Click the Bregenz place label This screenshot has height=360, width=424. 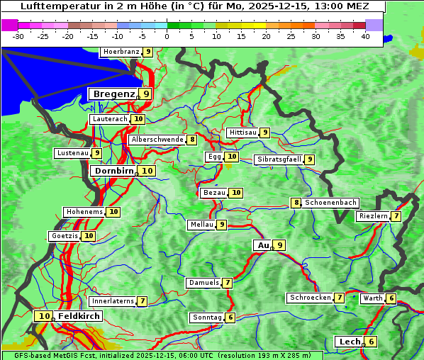point(113,94)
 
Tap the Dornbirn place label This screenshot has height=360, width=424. point(113,171)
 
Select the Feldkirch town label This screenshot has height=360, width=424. point(79,316)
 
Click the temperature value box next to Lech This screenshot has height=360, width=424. point(370,342)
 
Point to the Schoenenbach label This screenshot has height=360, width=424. point(330,203)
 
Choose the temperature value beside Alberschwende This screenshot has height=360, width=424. point(192,140)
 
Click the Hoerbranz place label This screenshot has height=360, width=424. point(121,52)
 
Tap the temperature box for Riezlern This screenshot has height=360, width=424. point(396,216)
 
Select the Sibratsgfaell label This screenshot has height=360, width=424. point(279,159)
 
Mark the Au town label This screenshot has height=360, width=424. point(263,245)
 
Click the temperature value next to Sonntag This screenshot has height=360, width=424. point(230,317)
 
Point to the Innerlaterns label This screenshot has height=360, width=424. point(113,301)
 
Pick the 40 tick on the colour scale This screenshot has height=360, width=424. point(365,36)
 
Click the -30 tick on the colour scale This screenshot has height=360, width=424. point(18,36)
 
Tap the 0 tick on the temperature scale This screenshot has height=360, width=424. point(167,36)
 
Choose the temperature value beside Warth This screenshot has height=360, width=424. point(391,298)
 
